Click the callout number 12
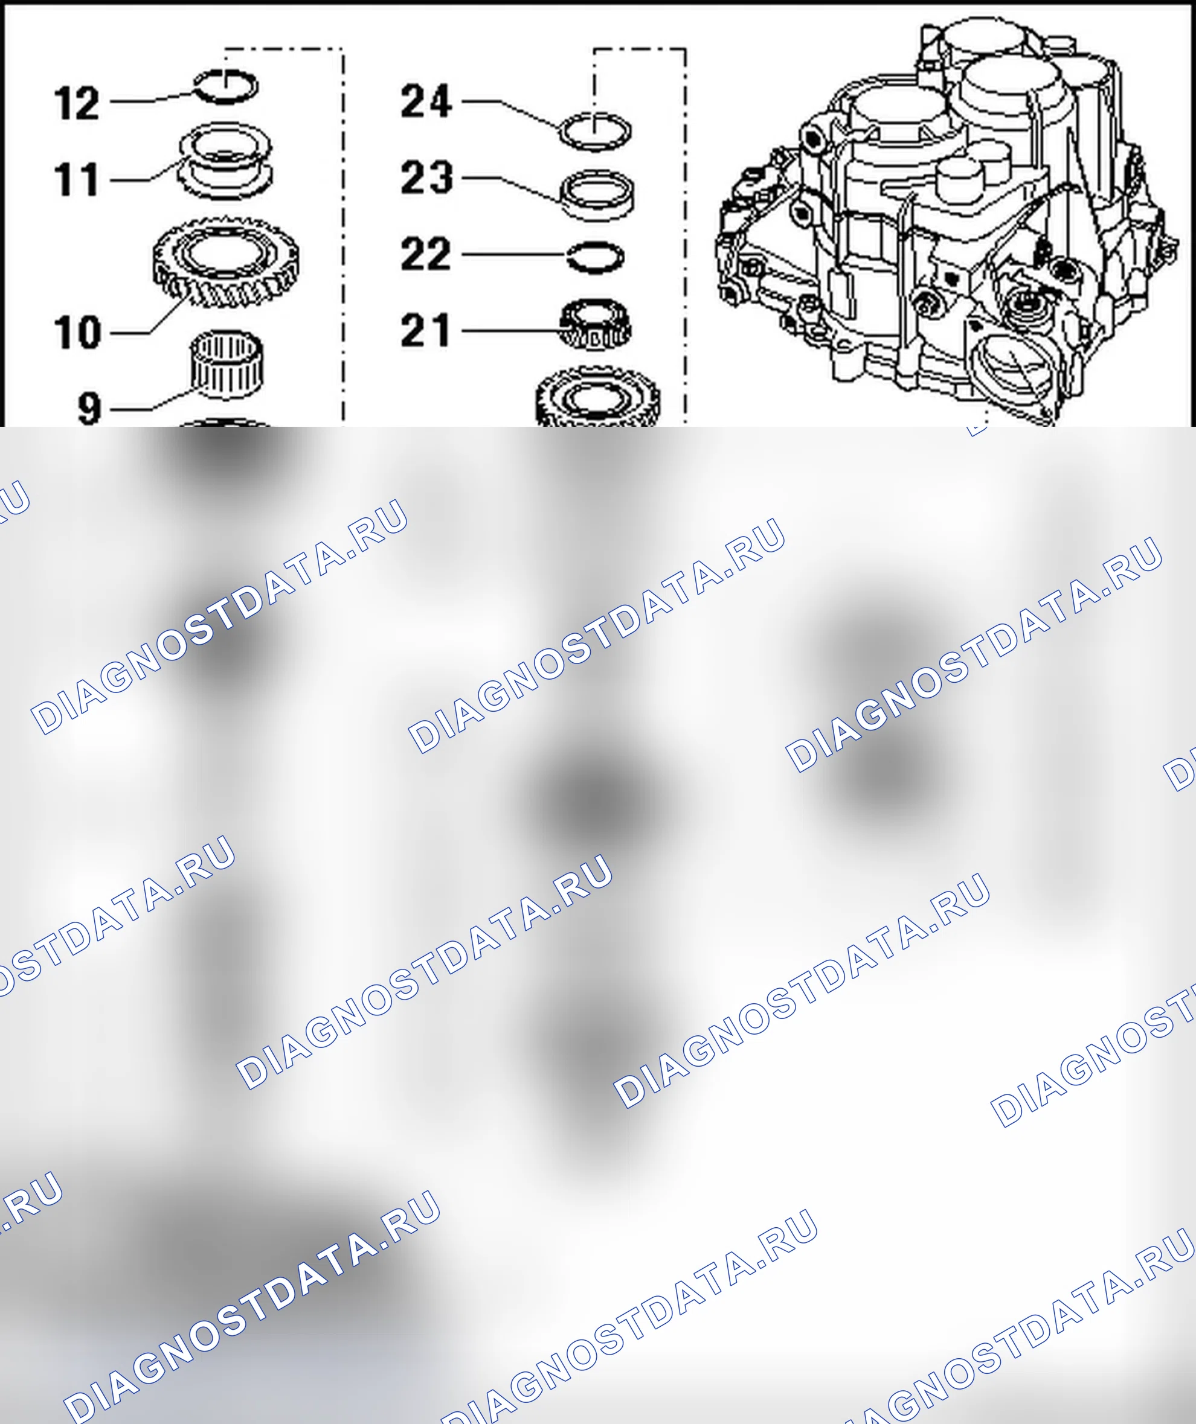click(x=77, y=104)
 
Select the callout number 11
click(x=77, y=180)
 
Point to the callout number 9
click(x=89, y=409)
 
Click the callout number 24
click(x=426, y=101)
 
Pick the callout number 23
click(x=426, y=177)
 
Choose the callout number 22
click(x=426, y=254)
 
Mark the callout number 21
click(x=425, y=331)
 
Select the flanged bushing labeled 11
click(x=225, y=161)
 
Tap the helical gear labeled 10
click(x=227, y=263)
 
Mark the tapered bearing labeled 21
click(x=596, y=325)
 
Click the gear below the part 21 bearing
click(x=597, y=397)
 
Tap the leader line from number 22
click(x=514, y=255)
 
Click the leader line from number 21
click(x=512, y=331)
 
